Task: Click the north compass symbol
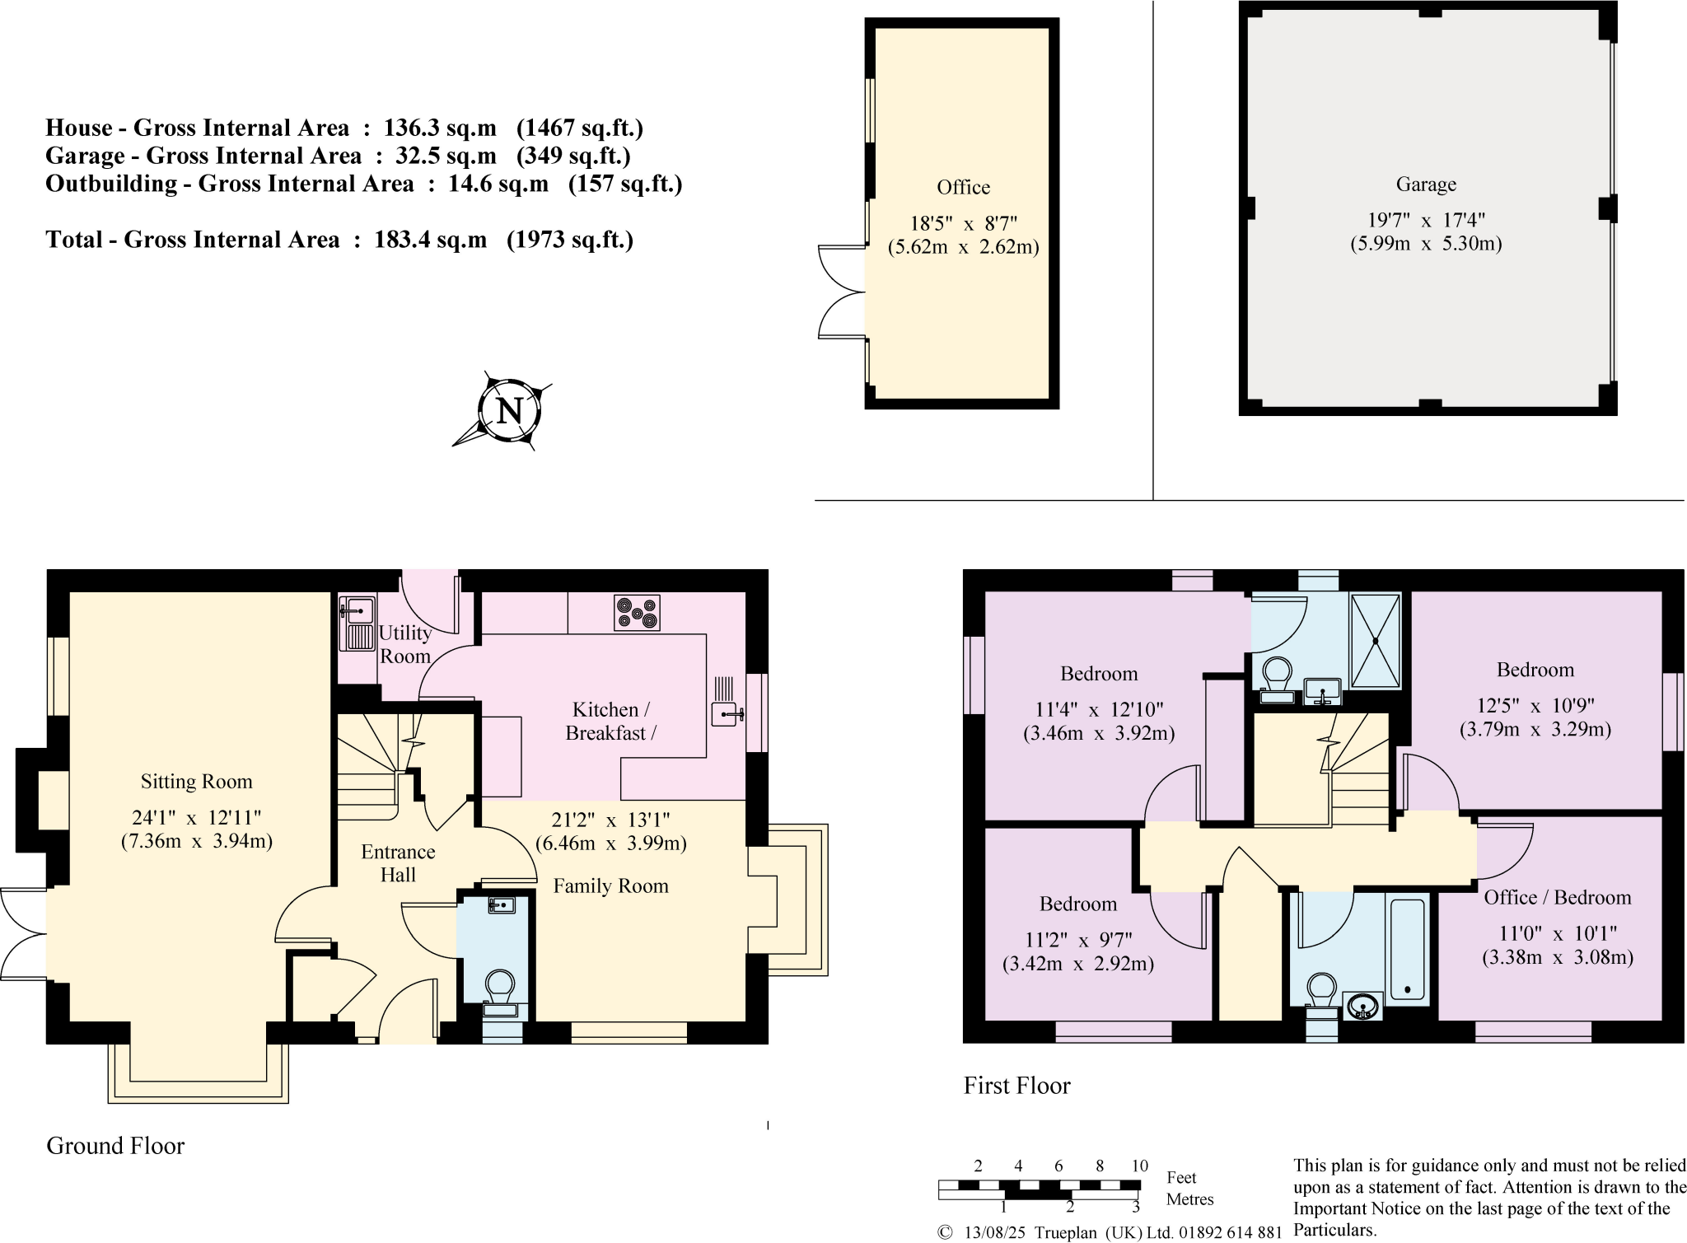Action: coord(509,410)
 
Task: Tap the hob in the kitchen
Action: coord(637,613)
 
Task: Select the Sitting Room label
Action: coord(196,781)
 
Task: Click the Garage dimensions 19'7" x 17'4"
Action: coord(1426,220)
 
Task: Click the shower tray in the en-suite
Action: coord(1376,641)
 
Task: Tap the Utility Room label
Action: coord(404,644)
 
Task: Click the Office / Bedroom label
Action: coord(1557,897)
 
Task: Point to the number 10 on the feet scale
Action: coord(1139,1166)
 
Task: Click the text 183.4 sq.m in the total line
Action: coord(430,240)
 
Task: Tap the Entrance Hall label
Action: coord(398,863)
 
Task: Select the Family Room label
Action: coord(610,886)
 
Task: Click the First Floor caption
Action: coord(1016,1086)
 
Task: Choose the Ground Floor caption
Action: coord(115,1146)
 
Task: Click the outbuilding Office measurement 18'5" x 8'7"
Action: coord(963,223)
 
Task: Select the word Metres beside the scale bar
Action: coord(1189,1199)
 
